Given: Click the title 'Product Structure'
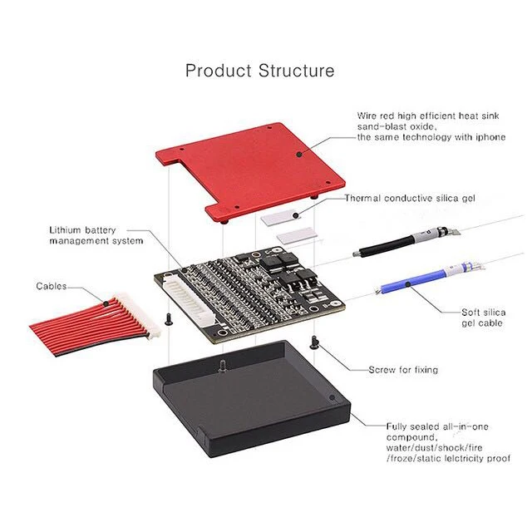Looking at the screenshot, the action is click(x=260, y=71).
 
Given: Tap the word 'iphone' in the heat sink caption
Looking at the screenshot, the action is click(x=490, y=137).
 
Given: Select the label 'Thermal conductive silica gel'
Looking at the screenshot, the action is click(x=410, y=198).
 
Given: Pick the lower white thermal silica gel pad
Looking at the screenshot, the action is click(x=297, y=235).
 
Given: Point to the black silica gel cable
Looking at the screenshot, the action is click(x=406, y=243).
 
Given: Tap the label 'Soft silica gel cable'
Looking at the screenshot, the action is click(x=483, y=318).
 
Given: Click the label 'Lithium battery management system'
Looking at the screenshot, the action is click(x=96, y=235).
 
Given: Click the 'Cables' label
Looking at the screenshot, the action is click(x=52, y=286).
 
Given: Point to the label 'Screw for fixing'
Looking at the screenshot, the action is click(x=403, y=369).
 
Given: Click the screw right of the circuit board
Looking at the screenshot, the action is click(x=314, y=342).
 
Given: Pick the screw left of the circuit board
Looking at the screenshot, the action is click(x=168, y=319).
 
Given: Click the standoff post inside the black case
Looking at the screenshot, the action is click(x=222, y=367).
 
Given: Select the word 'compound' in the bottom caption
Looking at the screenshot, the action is click(x=411, y=437).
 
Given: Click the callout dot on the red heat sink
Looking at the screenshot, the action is click(x=299, y=155).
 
